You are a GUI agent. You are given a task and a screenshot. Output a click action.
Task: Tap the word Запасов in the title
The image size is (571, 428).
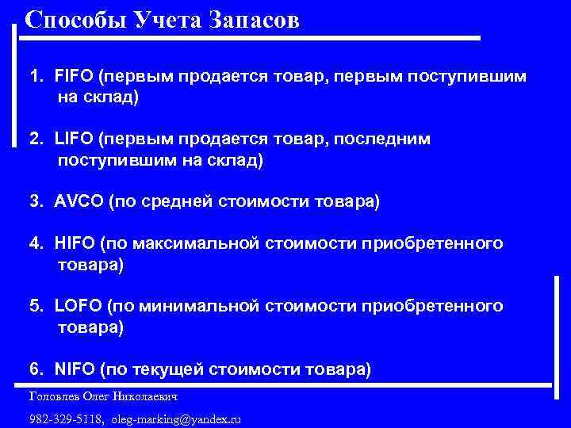(255, 19)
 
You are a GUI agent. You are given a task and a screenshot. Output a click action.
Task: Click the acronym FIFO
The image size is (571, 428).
(74, 78)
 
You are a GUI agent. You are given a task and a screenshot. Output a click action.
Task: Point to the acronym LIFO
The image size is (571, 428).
(74, 139)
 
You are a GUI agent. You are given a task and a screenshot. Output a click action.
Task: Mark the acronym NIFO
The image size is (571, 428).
(75, 369)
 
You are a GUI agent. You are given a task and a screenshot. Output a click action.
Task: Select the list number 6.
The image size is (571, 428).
(36, 369)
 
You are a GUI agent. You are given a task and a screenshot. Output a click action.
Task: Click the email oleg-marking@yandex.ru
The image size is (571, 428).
(176, 418)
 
